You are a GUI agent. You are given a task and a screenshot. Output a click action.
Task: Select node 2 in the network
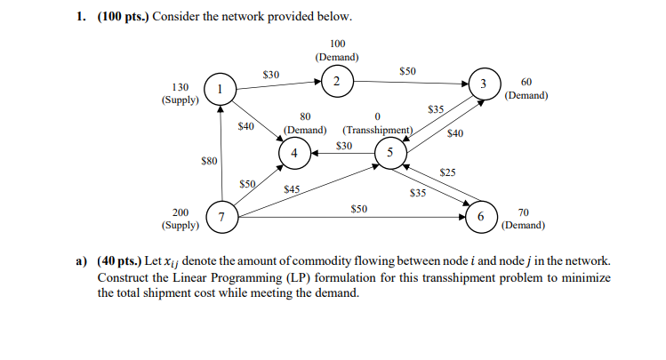tap(337, 82)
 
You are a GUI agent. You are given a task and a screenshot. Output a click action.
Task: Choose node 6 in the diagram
tap(481, 217)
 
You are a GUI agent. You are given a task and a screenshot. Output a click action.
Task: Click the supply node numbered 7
tap(220, 217)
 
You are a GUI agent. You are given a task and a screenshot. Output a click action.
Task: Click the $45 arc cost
tap(291, 189)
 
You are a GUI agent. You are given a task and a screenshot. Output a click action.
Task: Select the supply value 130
tap(179, 87)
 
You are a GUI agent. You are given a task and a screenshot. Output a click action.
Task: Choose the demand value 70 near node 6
tap(523, 212)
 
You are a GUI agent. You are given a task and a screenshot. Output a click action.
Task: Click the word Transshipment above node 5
tap(379, 130)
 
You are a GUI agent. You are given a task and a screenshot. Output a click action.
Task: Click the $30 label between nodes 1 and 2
tap(271, 74)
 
